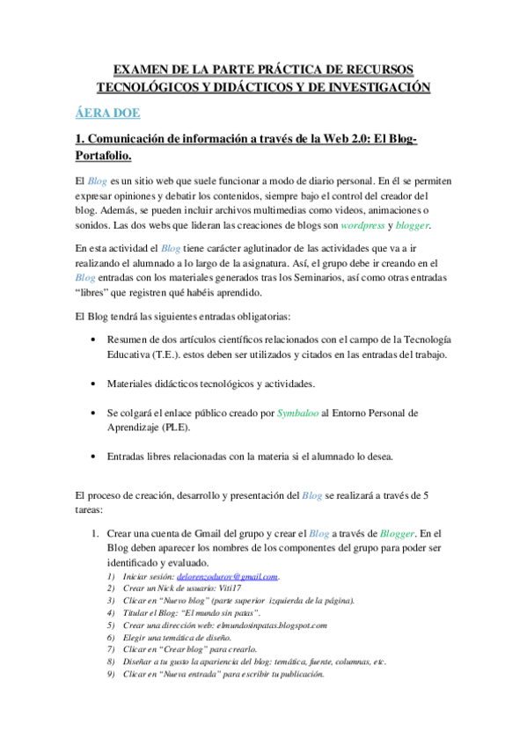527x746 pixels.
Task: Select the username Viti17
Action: coord(222,589)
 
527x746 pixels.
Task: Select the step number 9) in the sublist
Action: coord(110,675)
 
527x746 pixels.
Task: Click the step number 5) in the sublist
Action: coord(110,625)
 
